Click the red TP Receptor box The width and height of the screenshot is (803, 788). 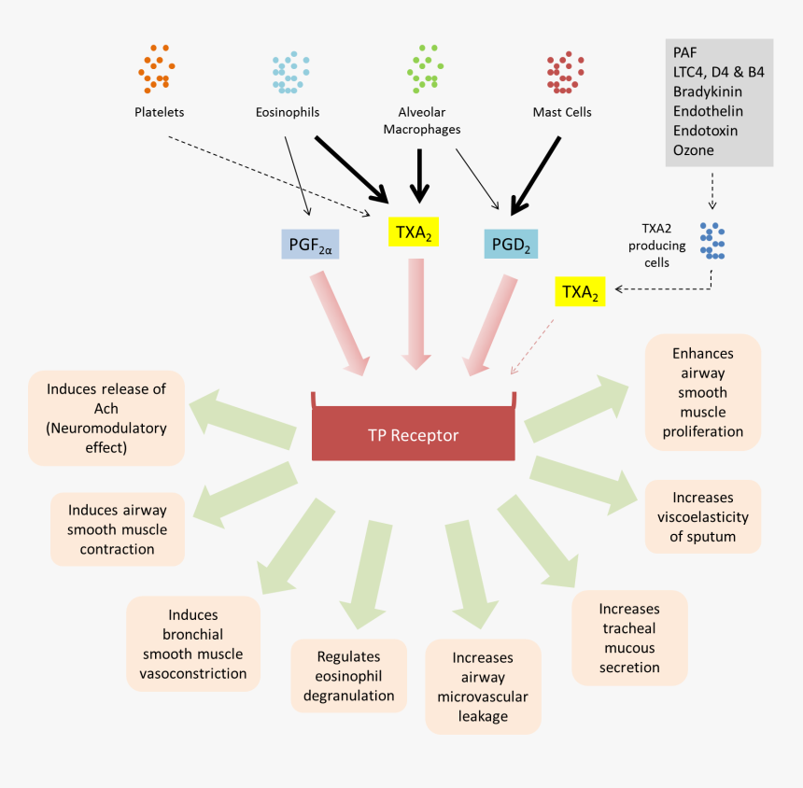(412, 434)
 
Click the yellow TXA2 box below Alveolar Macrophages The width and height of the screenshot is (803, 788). (412, 232)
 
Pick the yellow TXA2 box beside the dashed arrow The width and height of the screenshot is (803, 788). (580, 291)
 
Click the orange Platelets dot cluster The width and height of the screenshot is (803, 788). (155, 68)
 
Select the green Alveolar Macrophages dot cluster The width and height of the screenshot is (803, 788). (424, 68)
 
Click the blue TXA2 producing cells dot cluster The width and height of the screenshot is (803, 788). (712, 241)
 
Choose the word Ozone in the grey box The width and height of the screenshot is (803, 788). (693, 150)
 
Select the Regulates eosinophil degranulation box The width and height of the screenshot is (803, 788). (348, 676)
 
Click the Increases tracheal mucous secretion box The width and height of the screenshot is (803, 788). (629, 638)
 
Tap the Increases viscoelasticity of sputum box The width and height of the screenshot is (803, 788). (702, 516)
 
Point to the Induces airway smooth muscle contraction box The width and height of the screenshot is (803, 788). (117, 529)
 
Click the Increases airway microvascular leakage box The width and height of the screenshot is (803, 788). (483, 686)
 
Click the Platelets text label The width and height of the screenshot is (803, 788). (159, 112)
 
